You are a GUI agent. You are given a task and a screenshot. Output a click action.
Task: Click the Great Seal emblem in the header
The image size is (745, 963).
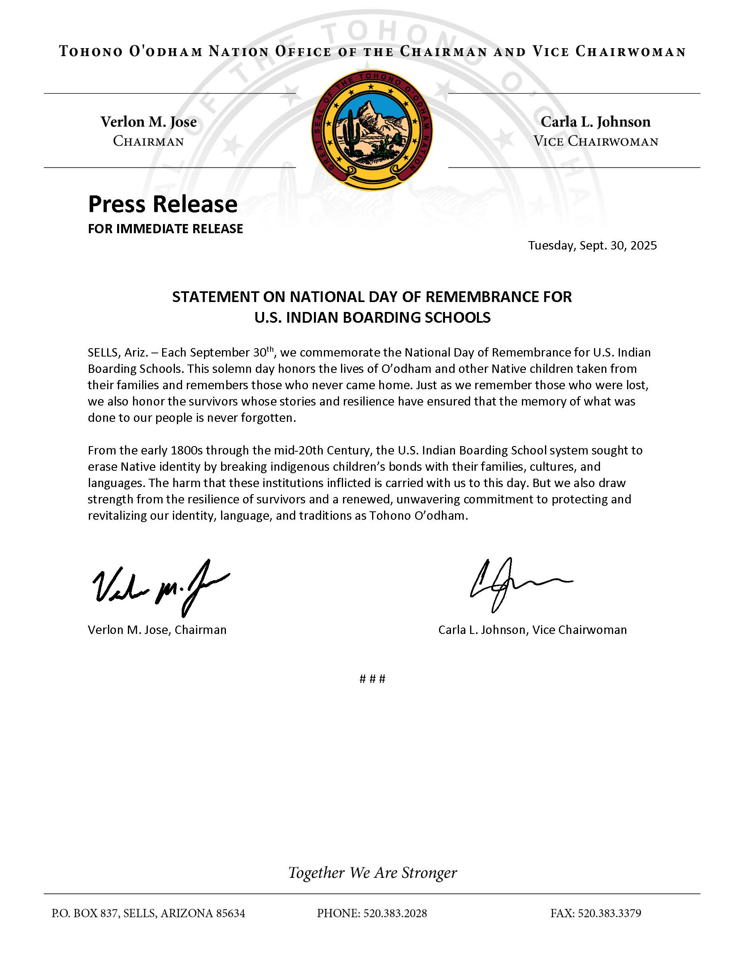pyautogui.click(x=372, y=131)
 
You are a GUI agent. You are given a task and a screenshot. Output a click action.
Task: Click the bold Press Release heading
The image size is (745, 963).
pyautogui.click(x=163, y=204)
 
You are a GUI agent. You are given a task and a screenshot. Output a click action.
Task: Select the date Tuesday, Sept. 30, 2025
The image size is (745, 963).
pyautogui.click(x=592, y=245)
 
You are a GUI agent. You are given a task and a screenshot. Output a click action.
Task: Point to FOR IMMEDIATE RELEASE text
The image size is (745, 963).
pyautogui.click(x=165, y=229)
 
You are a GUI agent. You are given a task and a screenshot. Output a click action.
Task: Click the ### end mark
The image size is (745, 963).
pyautogui.click(x=372, y=678)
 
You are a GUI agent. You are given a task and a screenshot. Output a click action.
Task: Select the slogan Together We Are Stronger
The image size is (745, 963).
pyautogui.click(x=372, y=872)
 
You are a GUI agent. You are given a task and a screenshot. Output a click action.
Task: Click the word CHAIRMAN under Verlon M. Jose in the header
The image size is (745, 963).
pyautogui.click(x=148, y=142)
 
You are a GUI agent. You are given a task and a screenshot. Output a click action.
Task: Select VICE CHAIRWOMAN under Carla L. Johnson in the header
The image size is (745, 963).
pyautogui.click(x=596, y=142)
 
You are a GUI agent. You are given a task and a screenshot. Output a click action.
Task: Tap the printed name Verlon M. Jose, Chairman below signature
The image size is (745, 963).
pyautogui.click(x=157, y=630)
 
